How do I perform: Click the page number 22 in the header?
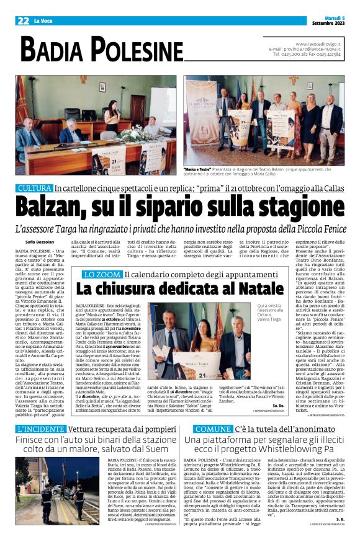pos(23,20)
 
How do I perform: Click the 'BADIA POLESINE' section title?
pos(102,48)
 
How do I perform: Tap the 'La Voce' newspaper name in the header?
pos(42,21)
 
